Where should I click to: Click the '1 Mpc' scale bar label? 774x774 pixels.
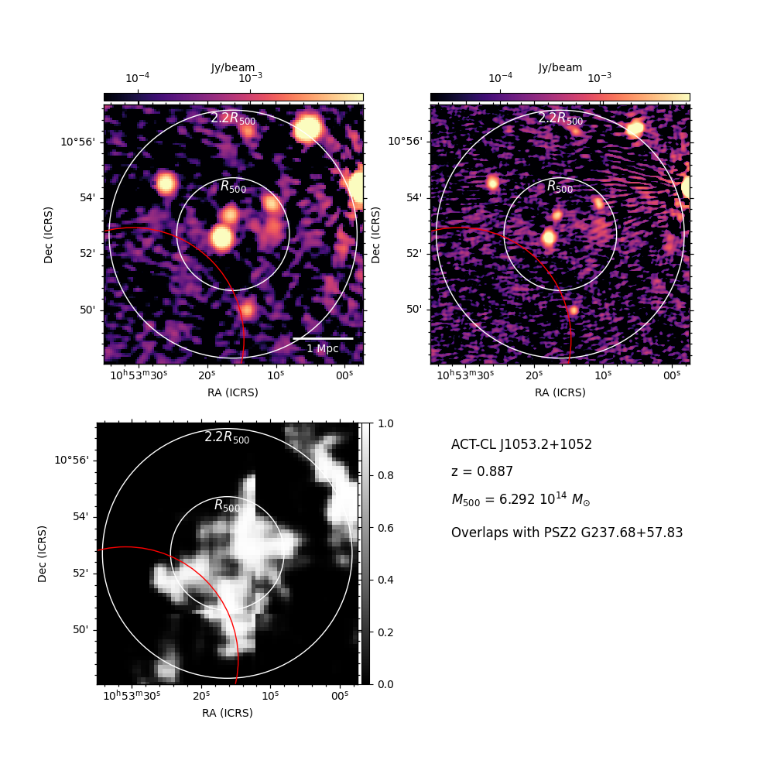[x=323, y=348]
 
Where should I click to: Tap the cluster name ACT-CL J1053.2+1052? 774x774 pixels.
[x=521, y=444]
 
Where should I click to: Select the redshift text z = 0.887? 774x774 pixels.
[x=481, y=471]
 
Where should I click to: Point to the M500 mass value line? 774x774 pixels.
[x=521, y=499]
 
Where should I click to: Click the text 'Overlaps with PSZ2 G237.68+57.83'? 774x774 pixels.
[x=567, y=533]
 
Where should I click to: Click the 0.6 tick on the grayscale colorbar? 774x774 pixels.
[x=385, y=528]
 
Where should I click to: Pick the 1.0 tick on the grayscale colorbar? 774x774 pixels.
[x=385, y=423]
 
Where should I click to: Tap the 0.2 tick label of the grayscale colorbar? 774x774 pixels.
[x=385, y=632]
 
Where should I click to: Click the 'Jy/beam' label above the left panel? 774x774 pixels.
[x=233, y=67]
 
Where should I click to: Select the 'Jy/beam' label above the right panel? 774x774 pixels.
[x=560, y=67]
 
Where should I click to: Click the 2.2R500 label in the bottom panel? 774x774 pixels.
[x=227, y=437]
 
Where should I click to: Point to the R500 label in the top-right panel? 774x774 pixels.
[x=560, y=187]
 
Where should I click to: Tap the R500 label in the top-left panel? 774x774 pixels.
[x=233, y=187]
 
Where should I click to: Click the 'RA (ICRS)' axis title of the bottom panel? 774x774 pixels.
[x=227, y=713]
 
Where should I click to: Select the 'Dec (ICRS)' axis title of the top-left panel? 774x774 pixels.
[x=48, y=235]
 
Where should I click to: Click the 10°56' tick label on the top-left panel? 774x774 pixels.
[x=77, y=142]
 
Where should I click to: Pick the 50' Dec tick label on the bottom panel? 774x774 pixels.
[x=81, y=630]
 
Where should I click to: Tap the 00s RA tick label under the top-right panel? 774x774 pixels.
[x=672, y=375]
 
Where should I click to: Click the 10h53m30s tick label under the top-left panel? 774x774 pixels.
[x=139, y=375]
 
